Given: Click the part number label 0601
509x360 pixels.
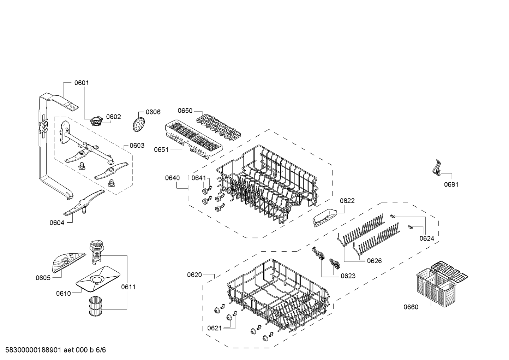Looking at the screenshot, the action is coord(82,83).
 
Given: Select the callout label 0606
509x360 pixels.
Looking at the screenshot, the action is coord(153,112).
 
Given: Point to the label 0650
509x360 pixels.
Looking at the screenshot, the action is coord(185,111).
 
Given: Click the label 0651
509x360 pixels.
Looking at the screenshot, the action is coord(161,150).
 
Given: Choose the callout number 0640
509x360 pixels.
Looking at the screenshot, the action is coord(172,178).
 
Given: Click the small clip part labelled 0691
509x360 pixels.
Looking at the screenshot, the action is coord(436,168).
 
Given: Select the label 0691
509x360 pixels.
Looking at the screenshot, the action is coord(451,184).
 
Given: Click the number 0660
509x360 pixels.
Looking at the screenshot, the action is coord(411,307).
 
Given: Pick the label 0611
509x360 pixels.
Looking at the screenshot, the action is coord(128,287).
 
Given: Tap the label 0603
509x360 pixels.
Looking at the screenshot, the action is coord(137,145).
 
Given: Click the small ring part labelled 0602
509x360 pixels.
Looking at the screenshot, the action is coord(96,121).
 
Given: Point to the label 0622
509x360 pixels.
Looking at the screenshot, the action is coord(347,201).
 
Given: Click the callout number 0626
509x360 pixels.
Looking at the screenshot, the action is coord(374,261).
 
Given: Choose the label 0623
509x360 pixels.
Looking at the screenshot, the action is coord(348,276).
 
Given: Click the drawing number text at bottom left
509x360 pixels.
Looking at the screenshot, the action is coord(56,350).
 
